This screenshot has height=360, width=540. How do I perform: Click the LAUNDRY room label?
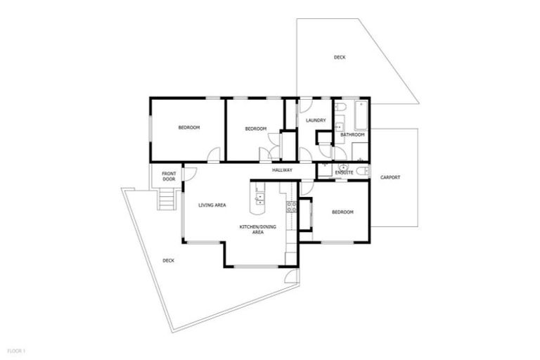316,120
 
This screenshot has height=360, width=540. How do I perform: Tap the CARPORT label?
390,177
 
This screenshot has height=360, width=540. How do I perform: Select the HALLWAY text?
282,170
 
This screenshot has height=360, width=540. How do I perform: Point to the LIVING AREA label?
212,205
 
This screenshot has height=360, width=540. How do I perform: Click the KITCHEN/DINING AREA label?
252,229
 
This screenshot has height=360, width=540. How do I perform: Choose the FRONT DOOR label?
169,176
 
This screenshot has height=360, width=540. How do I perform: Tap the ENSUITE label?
344,172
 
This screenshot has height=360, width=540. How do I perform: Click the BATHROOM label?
352,134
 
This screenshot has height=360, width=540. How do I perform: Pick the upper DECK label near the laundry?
340,57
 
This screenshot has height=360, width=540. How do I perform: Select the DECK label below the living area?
168,260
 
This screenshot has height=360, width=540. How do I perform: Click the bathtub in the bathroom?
361,115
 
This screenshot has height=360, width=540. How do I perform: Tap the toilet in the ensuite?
361,171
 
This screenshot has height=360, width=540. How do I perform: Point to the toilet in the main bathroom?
340,107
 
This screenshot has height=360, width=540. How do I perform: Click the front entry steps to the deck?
166,201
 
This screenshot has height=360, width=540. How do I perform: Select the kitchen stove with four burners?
291,207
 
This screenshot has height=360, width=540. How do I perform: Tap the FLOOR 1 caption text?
16,349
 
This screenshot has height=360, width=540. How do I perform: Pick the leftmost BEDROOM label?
188,127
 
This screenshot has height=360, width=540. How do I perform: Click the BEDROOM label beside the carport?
342,212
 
